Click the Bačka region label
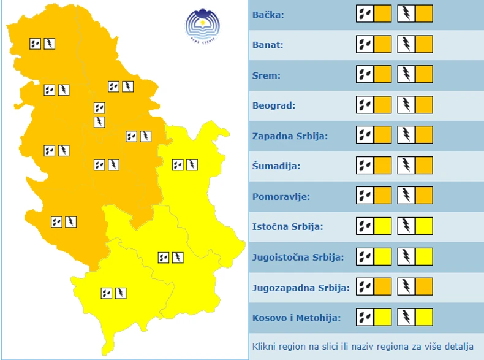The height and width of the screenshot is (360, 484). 268,14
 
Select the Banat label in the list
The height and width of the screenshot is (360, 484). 268,45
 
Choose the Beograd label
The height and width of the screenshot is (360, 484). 274,105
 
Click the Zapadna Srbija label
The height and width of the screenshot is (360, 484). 290,136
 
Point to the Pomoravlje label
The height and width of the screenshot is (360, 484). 281,197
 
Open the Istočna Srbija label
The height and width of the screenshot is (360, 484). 287,227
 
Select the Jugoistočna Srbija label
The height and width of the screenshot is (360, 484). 298,258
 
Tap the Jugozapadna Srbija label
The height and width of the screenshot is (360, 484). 301,288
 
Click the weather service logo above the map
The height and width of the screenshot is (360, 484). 202,25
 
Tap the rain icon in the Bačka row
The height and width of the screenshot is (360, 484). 365,13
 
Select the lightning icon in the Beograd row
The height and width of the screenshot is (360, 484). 406,105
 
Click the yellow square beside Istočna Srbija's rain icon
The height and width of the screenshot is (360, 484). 383,226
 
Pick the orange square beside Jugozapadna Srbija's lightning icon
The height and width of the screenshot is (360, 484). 424,287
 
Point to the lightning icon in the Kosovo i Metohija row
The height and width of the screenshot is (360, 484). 406,318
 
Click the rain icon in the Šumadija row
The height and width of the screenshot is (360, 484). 365,166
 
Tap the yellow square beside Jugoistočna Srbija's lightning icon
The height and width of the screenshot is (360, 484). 424,257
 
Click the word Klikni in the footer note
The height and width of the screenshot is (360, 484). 264,347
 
